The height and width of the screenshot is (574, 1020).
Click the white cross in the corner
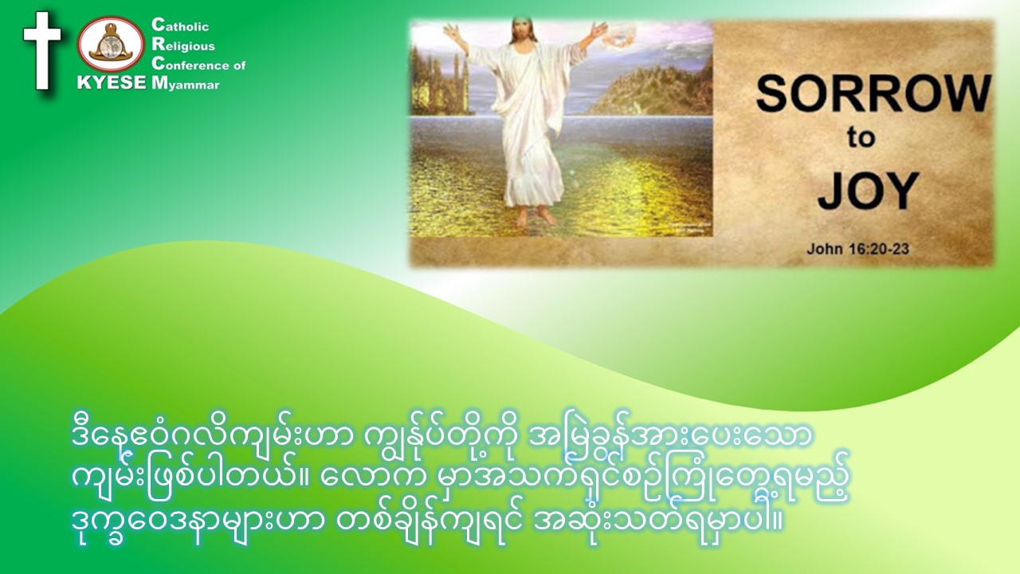(42, 50)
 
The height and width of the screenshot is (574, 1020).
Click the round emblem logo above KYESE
(111, 45)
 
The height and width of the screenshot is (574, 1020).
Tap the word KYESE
(112, 82)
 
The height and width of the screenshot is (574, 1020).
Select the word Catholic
(180, 26)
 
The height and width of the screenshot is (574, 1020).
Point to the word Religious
(183, 45)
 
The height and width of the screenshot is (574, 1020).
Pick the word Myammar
(186, 84)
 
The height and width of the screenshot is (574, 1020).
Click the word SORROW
(873, 94)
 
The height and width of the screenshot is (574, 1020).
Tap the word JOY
(868, 191)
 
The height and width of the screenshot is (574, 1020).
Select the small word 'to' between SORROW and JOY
(861, 137)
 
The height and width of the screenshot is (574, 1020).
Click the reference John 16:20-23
(858, 249)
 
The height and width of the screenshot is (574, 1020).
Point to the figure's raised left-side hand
(451, 33)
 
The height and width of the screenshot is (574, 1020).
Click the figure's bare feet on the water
(535, 215)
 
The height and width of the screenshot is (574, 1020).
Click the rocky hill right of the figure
(656, 91)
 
